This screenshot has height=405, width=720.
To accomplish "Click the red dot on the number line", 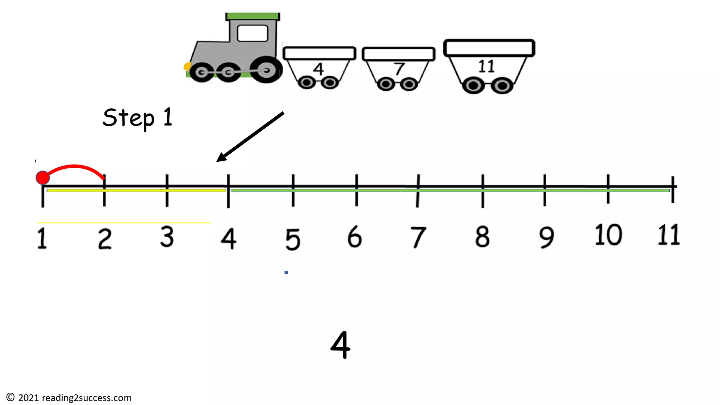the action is [x=43, y=178].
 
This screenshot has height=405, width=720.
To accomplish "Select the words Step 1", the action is [x=137, y=118].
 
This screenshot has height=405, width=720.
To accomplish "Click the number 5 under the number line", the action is [x=293, y=239].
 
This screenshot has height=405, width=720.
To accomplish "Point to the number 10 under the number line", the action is [x=608, y=235].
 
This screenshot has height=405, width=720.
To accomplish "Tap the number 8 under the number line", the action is [x=482, y=237].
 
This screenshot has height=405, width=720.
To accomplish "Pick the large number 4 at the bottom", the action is [x=340, y=345].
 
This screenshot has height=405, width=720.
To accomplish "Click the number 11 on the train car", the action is [x=487, y=66].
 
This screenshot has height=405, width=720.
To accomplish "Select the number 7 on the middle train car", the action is [x=399, y=69].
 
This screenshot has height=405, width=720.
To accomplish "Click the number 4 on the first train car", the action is [x=319, y=69].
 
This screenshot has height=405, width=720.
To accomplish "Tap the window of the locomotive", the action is [x=252, y=33].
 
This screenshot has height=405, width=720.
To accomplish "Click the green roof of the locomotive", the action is [x=252, y=16].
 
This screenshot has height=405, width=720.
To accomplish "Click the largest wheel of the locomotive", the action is [x=266, y=70].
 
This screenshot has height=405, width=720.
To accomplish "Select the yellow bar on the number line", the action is [x=136, y=191].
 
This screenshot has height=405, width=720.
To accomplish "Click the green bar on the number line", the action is [x=450, y=191].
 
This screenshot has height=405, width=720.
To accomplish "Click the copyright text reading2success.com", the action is [x=69, y=398].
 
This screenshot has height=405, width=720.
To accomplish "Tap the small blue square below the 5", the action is [x=286, y=272].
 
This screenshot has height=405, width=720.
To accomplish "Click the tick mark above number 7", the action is [x=418, y=190].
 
